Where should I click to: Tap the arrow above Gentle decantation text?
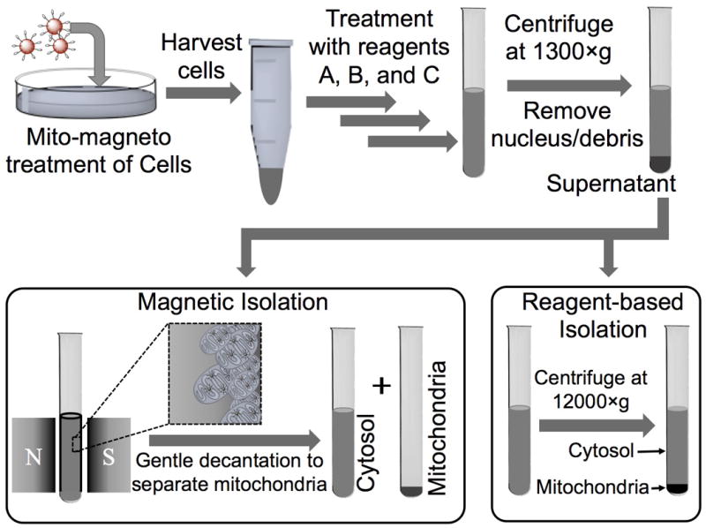pyautogui.click(x=235, y=438)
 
